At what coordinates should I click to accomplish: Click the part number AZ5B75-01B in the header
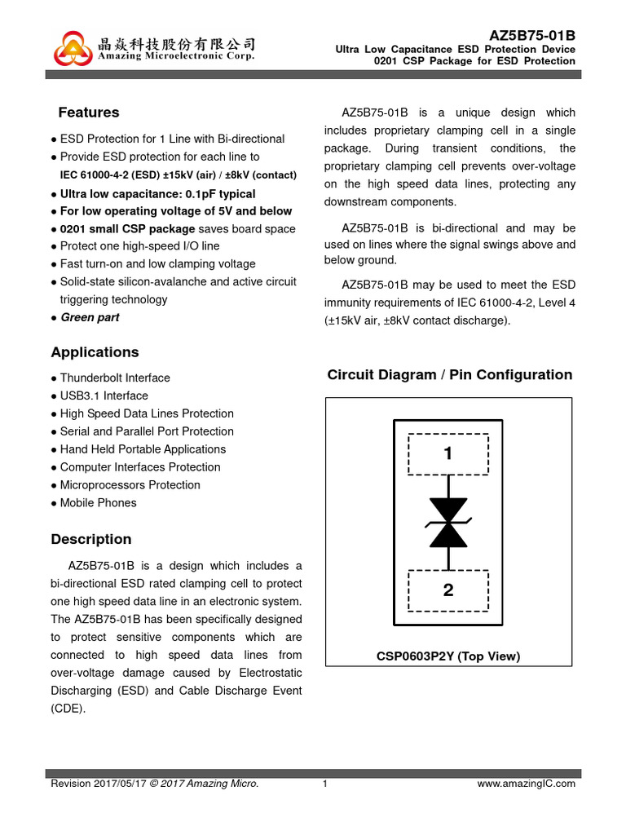click(x=531, y=35)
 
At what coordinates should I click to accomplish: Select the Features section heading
click(x=88, y=113)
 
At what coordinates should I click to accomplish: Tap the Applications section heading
click(x=95, y=352)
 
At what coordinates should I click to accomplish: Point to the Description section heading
click(x=90, y=539)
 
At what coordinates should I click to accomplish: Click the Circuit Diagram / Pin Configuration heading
click(x=449, y=375)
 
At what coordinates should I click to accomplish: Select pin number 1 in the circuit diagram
click(x=447, y=454)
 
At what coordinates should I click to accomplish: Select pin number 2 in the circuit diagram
click(x=447, y=590)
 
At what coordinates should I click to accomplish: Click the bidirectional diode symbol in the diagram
click(x=448, y=522)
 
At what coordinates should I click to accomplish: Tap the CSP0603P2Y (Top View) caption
click(x=447, y=656)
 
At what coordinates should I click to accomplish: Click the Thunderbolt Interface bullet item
click(x=114, y=378)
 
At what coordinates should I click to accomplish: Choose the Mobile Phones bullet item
click(x=98, y=503)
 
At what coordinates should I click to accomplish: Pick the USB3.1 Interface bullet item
click(x=104, y=396)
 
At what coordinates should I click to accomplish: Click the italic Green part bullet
click(x=90, y=318)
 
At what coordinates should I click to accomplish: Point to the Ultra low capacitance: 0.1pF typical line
click(x=157, y=194)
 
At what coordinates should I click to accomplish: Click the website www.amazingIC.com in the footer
click(x=526, y=784)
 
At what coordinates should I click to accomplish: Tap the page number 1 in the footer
click(x=324, y=784)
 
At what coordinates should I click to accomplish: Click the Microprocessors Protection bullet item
click(x=130, y=485)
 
